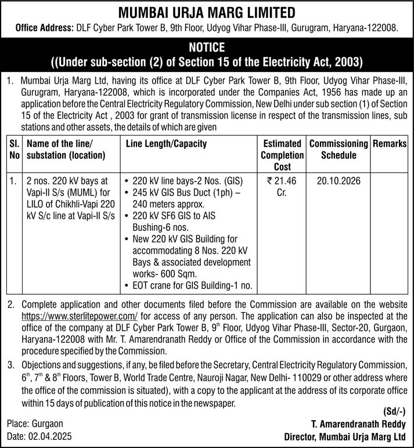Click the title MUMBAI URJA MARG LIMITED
coord(207,12)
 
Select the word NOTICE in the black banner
coord(207,46)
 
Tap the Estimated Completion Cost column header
coord(283,155)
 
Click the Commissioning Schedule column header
coord(339,149)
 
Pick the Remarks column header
coord(388,143)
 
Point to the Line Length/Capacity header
coord(165,143)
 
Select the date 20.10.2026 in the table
coord(339,181)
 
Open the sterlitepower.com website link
coord(78,316)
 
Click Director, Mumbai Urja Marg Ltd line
coord(344,436)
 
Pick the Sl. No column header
coord(13,149)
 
